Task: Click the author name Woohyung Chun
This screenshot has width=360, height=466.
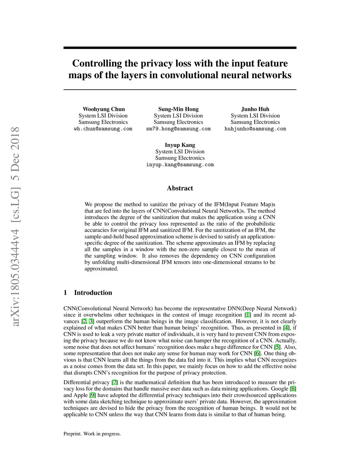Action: coord(104,109)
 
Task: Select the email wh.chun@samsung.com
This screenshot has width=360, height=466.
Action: coord(103,129)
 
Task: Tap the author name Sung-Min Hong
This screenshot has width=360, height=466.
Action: coord(178,109)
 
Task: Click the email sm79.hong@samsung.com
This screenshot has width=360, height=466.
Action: coord(178,129)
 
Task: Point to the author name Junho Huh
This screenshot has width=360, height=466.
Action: coord(255,109)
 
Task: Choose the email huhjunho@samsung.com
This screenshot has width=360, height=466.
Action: coord(255,129)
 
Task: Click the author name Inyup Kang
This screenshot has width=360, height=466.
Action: coord(180,145)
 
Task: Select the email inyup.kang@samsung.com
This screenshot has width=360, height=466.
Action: coord(180,165)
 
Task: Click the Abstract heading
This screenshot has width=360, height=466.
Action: coord(180,188)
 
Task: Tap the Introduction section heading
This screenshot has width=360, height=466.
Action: coord(93,293)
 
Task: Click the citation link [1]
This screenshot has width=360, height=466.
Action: coord(248,315)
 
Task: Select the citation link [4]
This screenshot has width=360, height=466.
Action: coord(287,328)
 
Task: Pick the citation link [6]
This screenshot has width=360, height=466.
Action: coord(257,353)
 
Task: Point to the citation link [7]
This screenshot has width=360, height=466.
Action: coord(115,382)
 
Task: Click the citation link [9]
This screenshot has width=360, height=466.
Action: coord(93,395)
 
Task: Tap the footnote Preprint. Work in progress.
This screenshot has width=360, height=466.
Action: coord(92,434)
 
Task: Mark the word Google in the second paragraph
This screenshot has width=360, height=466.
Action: coord(279,389)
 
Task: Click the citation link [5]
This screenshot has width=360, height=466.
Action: coord(278,347)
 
